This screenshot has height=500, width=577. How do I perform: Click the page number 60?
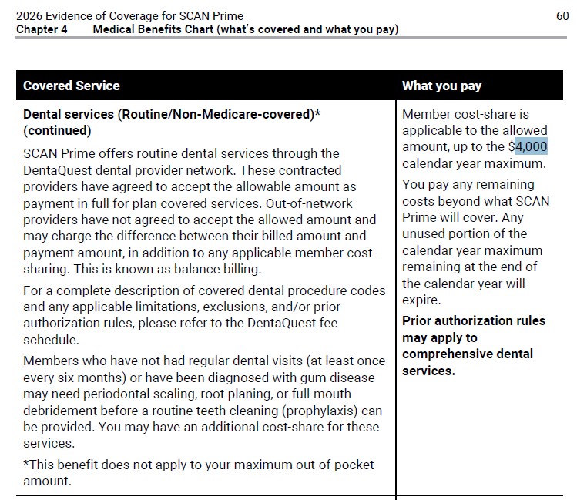pos(562,15)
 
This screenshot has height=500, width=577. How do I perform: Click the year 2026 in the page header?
pos(30,15)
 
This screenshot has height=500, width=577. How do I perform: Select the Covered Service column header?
pos(72,86)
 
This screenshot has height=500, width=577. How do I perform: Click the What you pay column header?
pos(441,86)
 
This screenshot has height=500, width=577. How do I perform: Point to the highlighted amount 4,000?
pos(531,146)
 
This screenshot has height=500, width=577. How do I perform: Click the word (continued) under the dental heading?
pos(57,131)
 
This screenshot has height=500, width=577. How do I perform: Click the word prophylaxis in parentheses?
pos(320,411)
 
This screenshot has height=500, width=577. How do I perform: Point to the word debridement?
pos(61,411)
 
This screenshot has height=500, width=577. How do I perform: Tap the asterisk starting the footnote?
pos(26,465)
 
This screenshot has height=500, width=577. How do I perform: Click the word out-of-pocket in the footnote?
pos(337,465)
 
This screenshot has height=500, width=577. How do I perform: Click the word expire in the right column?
pos(421,300)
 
